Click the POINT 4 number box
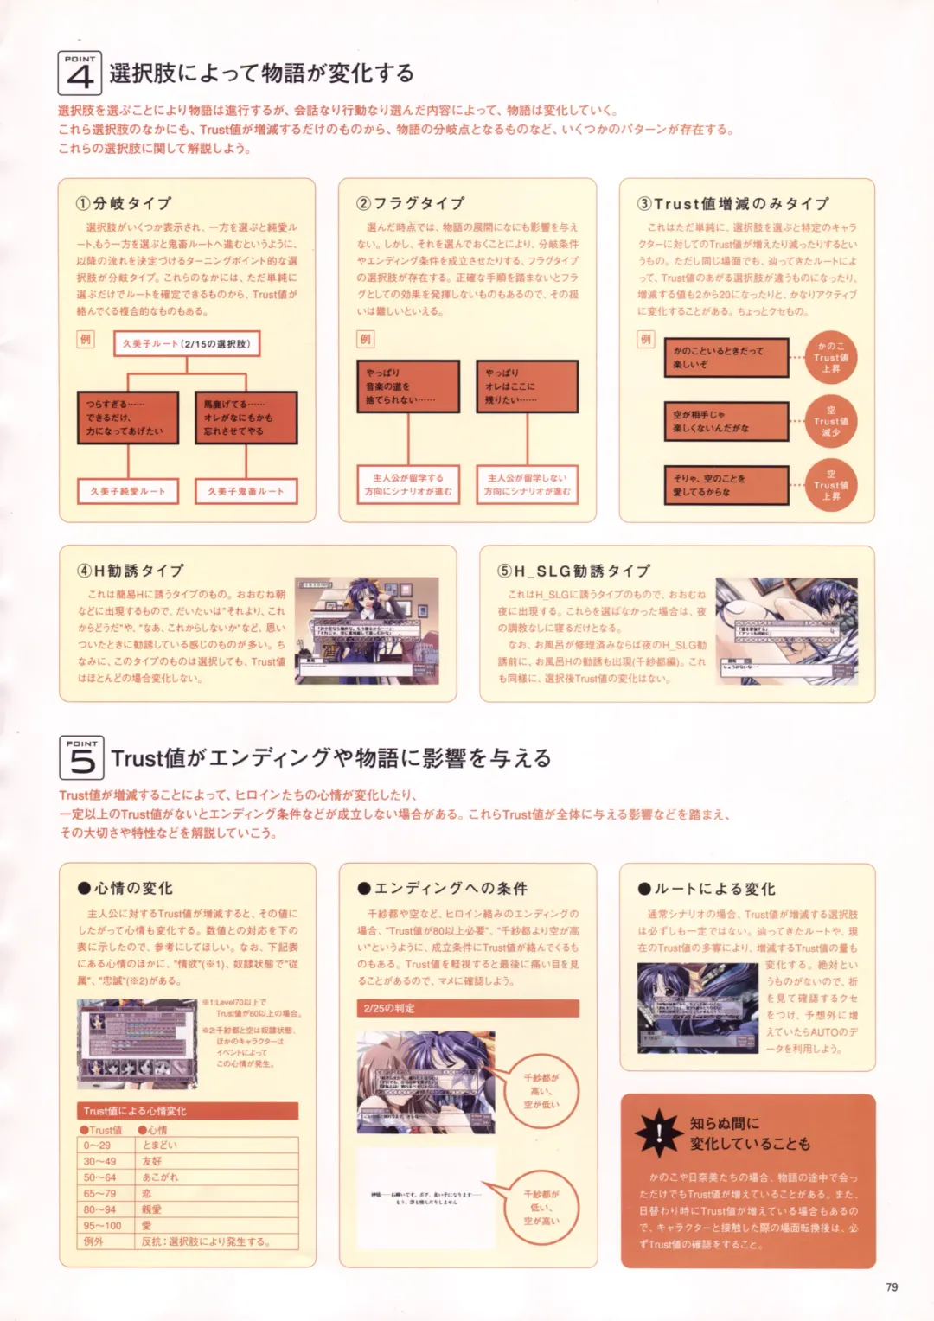(x=80, y=74)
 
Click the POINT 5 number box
(x=81, y=758)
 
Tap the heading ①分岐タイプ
(x=124, y=203)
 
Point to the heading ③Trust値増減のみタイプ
(x=733, y=204)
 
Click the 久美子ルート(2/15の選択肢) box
(x=187, y=344)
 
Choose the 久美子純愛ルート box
(x=127, y=491)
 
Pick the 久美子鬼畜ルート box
(x=246, y=491)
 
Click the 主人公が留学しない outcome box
(x=527, y=484)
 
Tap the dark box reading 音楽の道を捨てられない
(x=408, y=386)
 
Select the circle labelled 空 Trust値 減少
(x=830, y=421)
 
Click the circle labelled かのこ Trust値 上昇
(x=830, y=357)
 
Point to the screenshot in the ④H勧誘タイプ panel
(x=367, y=630)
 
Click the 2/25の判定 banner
(x=468, y=1008)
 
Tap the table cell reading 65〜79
(x=107, y=1193)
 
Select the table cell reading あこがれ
(x=219, y=1177)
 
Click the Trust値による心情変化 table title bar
(x=188, y=1111)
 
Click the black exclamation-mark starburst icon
(x=658, y=1133)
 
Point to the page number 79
(x=892, y=1287)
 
